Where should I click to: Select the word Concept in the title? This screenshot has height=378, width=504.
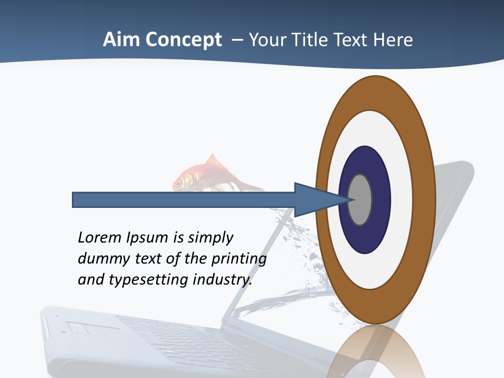[x=183, y=40]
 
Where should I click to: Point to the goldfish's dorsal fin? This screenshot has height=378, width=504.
[x=213, y=160]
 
